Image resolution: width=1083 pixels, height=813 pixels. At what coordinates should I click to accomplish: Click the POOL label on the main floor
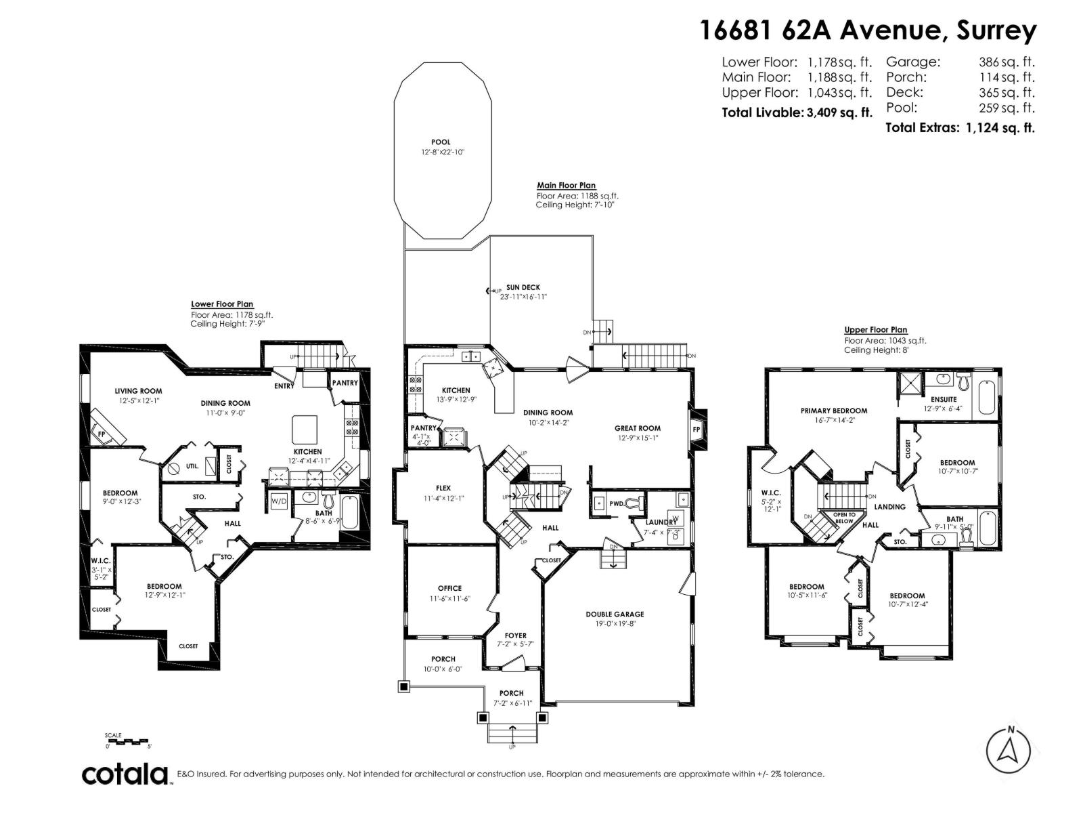[441, 142]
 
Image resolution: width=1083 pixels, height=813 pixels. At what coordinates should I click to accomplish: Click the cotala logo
[125, 774]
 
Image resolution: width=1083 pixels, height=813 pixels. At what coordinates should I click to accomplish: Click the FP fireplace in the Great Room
[696, 430]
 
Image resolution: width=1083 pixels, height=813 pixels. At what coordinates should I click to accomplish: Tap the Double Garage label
[615, 614]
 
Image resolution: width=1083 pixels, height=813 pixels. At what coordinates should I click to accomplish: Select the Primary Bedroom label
[833, 411]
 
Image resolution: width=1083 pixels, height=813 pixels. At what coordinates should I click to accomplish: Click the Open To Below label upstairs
[843, 518]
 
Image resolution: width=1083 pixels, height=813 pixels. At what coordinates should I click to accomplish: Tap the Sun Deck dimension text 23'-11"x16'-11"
[523, 297]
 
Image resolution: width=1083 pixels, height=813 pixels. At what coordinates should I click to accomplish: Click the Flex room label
[443, 488]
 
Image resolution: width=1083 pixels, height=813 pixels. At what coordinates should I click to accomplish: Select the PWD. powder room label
[617, 503]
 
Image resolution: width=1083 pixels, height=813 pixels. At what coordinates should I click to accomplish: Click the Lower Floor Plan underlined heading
[222, 304]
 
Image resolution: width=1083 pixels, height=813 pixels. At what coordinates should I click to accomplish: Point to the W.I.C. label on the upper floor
[770, 493]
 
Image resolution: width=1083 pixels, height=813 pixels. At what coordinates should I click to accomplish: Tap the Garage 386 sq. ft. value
[1007, 62]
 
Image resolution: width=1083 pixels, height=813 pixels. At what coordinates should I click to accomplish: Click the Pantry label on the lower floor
[345, 383]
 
